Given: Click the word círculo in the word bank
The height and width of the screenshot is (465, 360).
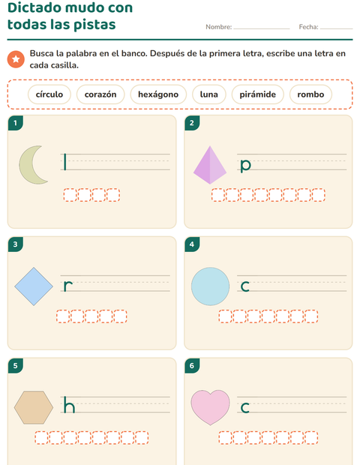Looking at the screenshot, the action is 49,94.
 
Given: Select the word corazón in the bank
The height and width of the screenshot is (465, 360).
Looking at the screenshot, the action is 100,94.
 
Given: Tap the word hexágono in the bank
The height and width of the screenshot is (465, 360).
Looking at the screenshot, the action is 158,94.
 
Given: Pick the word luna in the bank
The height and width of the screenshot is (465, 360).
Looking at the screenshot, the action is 208,94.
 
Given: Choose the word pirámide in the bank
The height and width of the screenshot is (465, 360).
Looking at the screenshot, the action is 257,94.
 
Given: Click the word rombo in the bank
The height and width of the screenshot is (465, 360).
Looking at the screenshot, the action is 310,94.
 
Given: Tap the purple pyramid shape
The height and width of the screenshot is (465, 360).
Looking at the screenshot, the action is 210,165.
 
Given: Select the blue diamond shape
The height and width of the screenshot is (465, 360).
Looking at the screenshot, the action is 34,286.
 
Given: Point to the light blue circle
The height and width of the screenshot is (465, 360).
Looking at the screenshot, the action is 210,286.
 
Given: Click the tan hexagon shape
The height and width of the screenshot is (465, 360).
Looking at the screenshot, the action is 34,407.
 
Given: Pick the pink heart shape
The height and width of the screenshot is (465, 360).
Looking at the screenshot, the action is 210,406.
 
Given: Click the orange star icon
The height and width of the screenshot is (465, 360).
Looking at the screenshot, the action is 16,59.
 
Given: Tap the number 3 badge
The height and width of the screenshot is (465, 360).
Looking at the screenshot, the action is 16,244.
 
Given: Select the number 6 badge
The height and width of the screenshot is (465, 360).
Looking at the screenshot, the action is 192,365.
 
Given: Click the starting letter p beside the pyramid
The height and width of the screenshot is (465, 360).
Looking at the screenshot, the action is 245,166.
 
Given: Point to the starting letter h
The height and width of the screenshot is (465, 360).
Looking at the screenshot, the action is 69,405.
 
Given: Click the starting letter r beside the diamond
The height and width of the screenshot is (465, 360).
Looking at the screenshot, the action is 68,286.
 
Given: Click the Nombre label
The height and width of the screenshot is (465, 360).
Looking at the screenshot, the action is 219,27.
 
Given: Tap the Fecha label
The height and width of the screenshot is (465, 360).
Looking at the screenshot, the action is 308,27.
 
